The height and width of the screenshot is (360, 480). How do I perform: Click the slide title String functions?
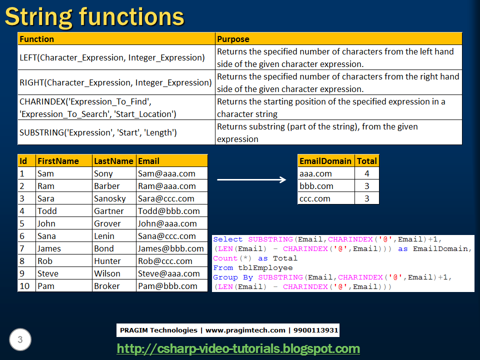(94, 17)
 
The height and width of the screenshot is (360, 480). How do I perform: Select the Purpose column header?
(233, 39)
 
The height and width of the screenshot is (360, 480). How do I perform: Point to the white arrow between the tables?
(251, 179)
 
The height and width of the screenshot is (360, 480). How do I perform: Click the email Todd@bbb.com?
(168, 211)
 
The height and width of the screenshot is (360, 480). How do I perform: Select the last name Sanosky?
(110, 198)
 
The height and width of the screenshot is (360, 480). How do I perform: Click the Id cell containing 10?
(24, 286)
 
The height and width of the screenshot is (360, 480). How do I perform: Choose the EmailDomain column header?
(325, 161)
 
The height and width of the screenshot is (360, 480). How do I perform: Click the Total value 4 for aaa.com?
(366, 173)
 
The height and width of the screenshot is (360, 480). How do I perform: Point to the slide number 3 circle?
(20, 339)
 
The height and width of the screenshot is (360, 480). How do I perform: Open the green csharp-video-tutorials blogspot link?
(238, 348)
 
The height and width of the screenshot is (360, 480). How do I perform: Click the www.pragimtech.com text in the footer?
(245, 330)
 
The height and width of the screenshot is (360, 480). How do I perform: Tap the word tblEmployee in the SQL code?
(265, 268)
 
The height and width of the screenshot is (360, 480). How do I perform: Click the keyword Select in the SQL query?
(228, 239)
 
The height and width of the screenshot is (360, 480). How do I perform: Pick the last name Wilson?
(107, 273)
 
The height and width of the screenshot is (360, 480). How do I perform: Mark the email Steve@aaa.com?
(168, 273)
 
